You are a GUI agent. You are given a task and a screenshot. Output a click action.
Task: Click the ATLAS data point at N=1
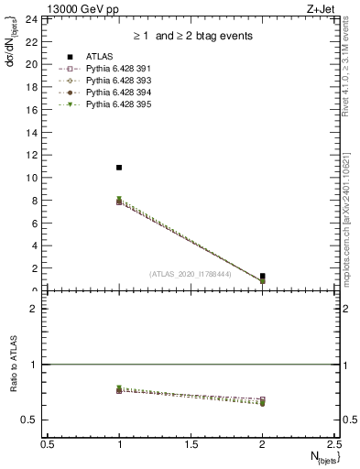tap(119, 168)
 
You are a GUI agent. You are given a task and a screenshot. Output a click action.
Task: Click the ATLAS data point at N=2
tap(263, 276)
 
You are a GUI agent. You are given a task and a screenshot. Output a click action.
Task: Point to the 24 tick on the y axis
tap(31, 19)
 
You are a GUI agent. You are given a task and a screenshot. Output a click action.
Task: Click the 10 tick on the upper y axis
tap(31, 178)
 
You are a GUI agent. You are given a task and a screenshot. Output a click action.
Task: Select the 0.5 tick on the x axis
tap(48, 443)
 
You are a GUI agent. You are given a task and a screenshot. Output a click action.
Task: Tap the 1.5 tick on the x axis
tap(191, 443)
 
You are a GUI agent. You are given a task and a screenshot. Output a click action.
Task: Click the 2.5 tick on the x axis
tap(333, 443)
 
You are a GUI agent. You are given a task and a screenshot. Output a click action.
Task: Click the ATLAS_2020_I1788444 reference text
tap(191, 273)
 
